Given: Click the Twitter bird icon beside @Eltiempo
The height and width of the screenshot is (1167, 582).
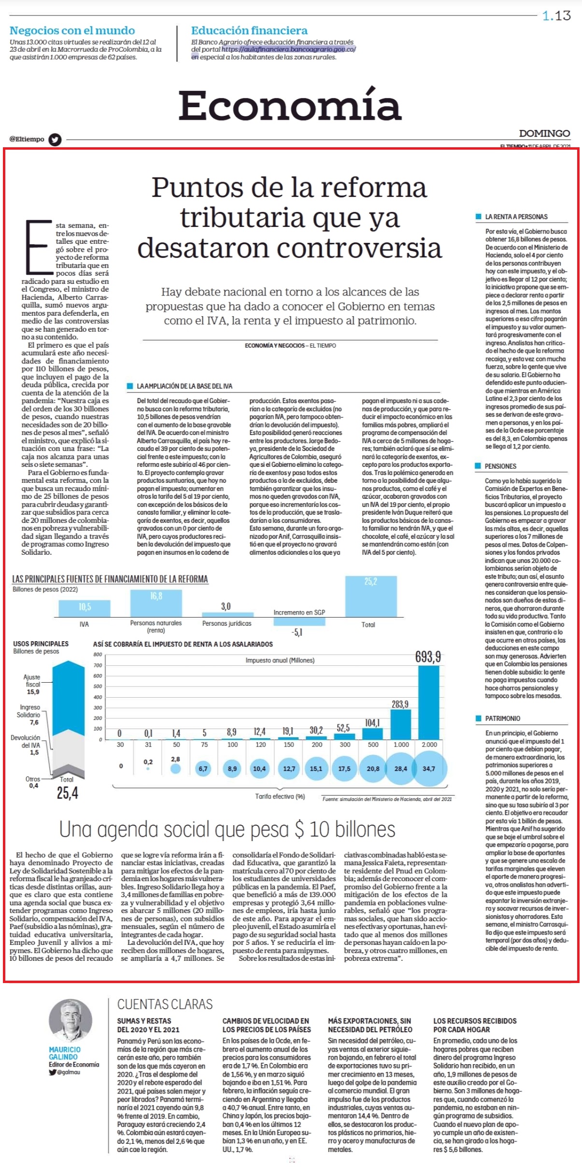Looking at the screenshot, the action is [55, 140].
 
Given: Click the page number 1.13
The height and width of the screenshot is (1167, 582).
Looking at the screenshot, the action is [556, 16].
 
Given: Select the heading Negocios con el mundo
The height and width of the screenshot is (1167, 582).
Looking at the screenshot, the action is [72, 30].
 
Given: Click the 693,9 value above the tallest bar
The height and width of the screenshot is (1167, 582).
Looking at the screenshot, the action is [428, 657].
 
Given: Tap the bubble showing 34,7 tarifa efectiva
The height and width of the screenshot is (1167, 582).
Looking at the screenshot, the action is [428, 768].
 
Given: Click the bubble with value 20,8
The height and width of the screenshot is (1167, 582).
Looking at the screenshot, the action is [373, 768].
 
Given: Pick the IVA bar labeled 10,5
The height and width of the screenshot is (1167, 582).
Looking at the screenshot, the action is [85, 608].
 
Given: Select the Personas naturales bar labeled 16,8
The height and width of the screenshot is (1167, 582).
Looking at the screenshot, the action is [156, 603].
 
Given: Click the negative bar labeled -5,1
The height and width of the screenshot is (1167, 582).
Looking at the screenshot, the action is [299, 621].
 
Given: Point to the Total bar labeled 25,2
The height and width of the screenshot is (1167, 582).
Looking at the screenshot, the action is [370, 596].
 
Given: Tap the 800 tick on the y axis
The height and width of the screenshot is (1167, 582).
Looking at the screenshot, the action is [98, 655].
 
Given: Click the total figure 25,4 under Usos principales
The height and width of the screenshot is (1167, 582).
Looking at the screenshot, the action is [67, 793].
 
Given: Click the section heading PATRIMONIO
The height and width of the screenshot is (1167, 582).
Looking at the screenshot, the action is [502, 718].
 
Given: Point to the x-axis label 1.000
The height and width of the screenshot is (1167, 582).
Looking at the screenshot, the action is [401, 745].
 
